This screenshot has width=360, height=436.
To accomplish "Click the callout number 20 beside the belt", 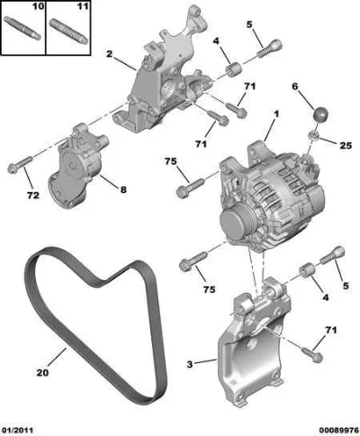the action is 42,373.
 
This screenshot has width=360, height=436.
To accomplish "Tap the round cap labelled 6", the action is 319,114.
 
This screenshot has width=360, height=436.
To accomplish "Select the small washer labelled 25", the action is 313,135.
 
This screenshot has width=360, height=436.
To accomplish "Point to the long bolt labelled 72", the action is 20,164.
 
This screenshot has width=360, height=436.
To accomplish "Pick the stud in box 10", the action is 22,29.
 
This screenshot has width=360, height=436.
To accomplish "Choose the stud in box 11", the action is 68,32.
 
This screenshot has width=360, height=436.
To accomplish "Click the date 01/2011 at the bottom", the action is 17,430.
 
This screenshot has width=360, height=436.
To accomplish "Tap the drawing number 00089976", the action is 338,430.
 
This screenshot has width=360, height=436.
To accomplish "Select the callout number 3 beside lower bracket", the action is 189,364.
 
